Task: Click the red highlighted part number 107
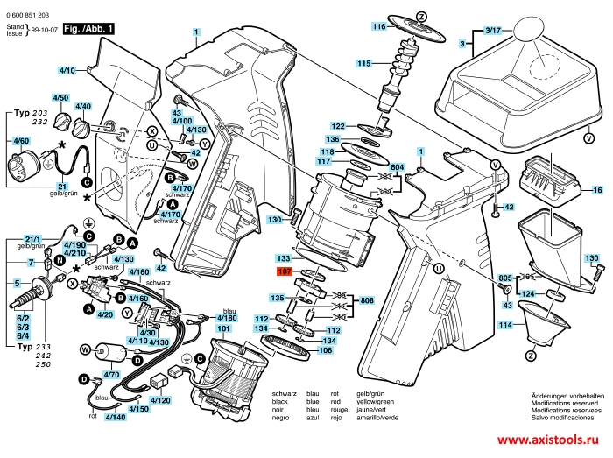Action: click(x=284, y=272)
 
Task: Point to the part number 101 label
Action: click(x=224, y=329)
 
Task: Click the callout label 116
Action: click(x=378, y=27)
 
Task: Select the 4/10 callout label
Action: click(x=67, y=69)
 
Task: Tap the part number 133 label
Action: click(x=284, y=259)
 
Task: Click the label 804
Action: click(x=398, y=167)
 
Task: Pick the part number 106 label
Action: click(x=325, y=350)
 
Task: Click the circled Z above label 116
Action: click(x=421, y=16)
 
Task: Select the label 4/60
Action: click(x=20, y=141)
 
